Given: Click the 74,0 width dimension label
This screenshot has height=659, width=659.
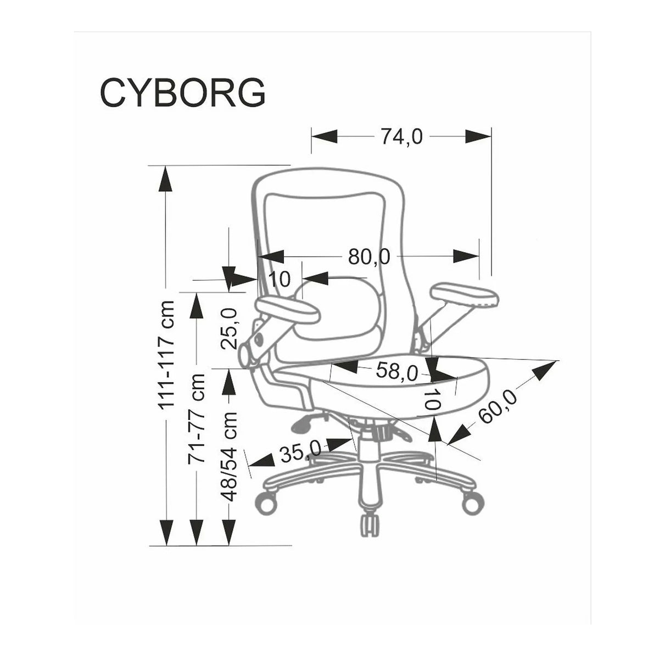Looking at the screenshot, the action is point(402,137).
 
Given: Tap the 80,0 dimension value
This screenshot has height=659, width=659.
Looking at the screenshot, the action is point(369,256).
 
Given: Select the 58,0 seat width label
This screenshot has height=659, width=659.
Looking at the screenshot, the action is point(396,371).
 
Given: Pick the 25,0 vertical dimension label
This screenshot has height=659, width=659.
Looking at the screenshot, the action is point(228,328).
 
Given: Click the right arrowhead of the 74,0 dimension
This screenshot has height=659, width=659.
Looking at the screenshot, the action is point(478,136).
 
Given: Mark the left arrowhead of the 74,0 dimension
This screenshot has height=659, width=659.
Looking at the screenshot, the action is point(325,136).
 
